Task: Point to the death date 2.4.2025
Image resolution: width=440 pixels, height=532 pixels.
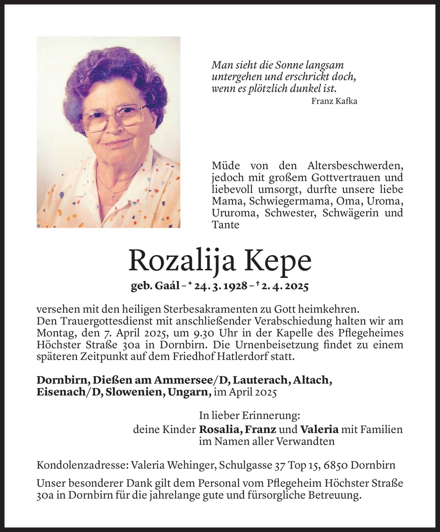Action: [284, 286]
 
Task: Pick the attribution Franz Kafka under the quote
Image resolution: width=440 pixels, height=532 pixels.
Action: [334, 101]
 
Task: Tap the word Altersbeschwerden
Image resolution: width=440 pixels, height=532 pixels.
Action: [355, 166]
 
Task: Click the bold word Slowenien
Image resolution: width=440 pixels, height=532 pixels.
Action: [134, 392]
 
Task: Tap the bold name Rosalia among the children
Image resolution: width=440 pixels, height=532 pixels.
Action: [222, 430]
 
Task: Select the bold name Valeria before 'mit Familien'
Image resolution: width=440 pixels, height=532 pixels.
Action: [319, 430]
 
